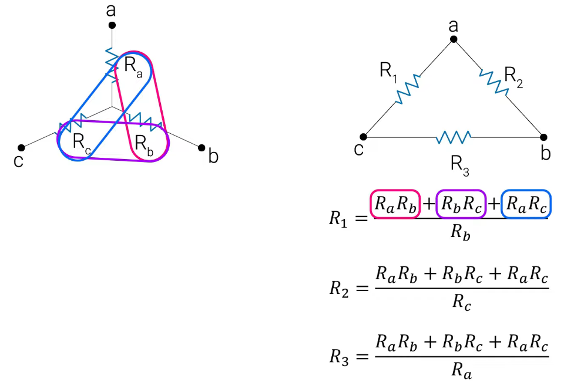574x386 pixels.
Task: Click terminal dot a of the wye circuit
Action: [x=112, y=25]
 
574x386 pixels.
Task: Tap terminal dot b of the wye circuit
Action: [x=202, y=148]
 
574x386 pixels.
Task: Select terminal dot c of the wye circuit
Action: [x=21, y=148]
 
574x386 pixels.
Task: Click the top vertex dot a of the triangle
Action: [x=454, y=39]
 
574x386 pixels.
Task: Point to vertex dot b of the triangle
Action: [x=543, y=137]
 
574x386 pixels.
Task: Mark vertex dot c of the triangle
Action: [x=363, y=137]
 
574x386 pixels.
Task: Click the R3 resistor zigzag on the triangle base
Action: [x=454, y=137]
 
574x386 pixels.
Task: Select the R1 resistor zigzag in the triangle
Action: [x=408, y=90]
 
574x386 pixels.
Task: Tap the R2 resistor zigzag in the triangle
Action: [x=494, y=83]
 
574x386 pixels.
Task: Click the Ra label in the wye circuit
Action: [x=133, y=66]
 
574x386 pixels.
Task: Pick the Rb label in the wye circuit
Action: [x=144, y=144]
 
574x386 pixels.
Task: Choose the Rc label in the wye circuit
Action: [x=82, y=142]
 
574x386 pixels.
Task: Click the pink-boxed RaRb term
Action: [x=395, y=204]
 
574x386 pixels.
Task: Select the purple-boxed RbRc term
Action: [x=461, y=204]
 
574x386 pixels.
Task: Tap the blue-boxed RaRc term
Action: [x=526, y=204]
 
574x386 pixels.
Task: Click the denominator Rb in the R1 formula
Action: [x=460, y=232]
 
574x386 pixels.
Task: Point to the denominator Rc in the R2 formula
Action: [x=461, y=302]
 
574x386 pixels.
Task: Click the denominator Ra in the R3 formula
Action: [x=461, y=370]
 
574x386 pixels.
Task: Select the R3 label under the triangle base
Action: [x=460, y=165]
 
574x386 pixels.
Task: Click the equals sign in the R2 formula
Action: [x=362, y=289]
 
